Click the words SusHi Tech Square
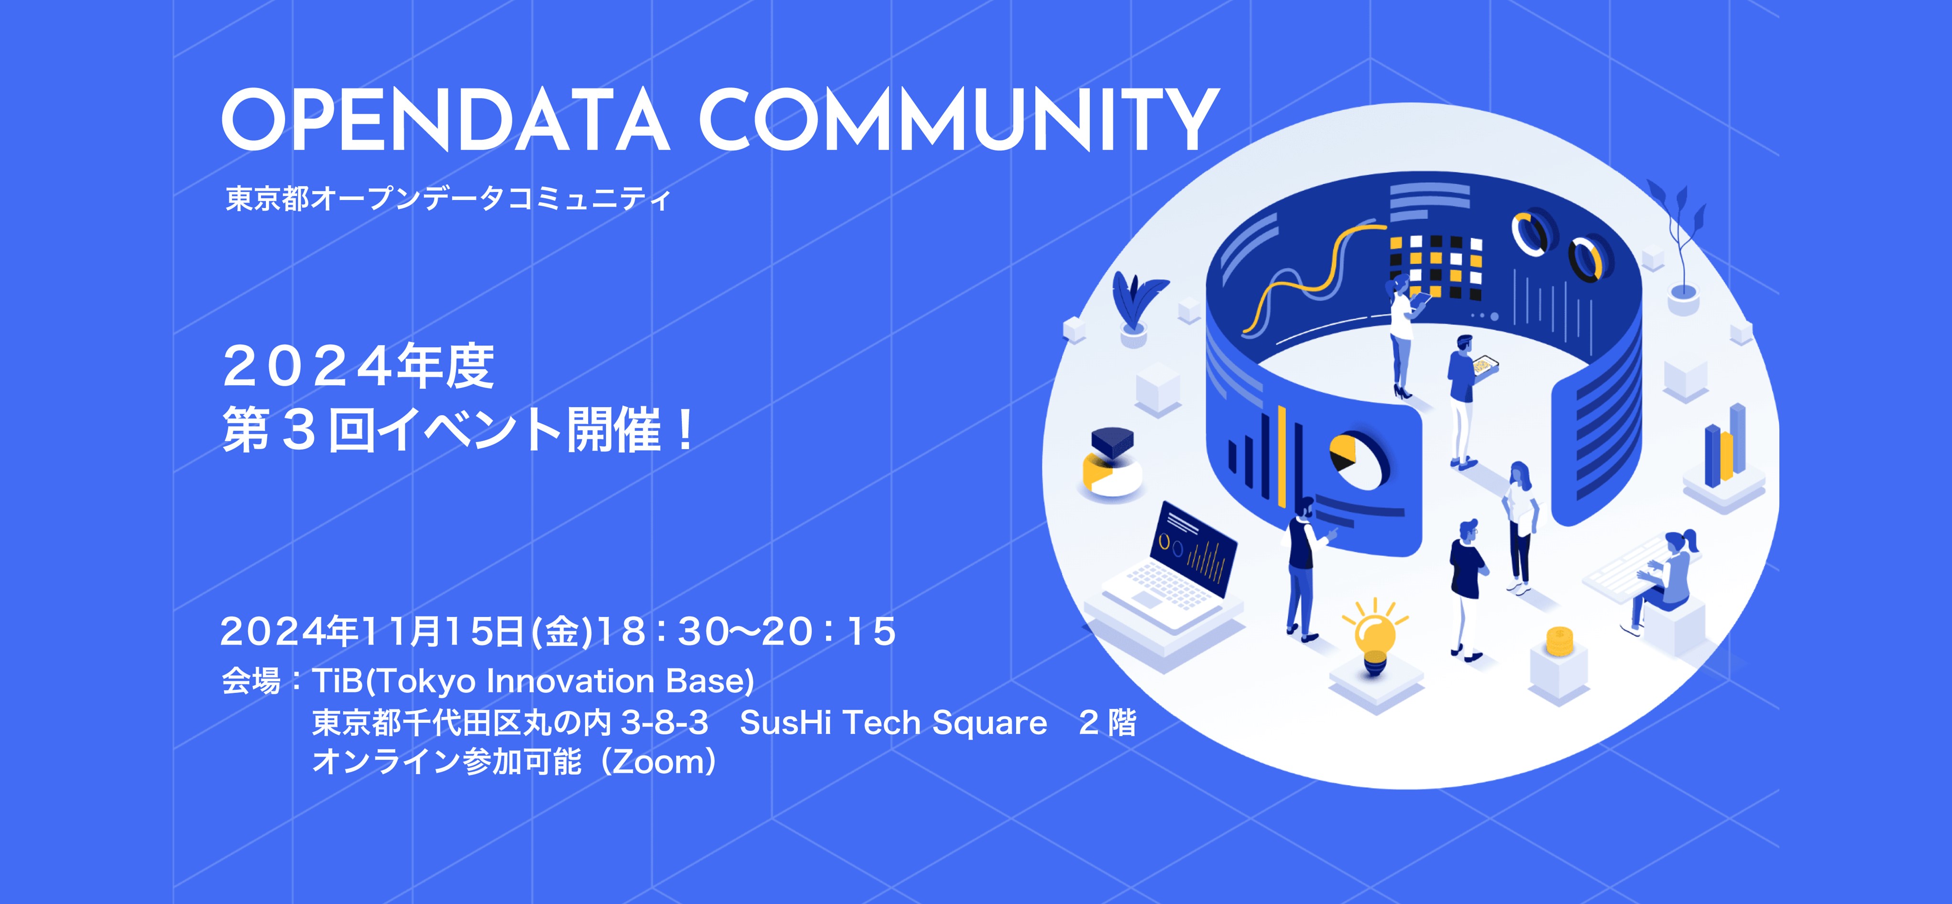click(893, 723)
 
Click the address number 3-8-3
click(664, 723)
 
